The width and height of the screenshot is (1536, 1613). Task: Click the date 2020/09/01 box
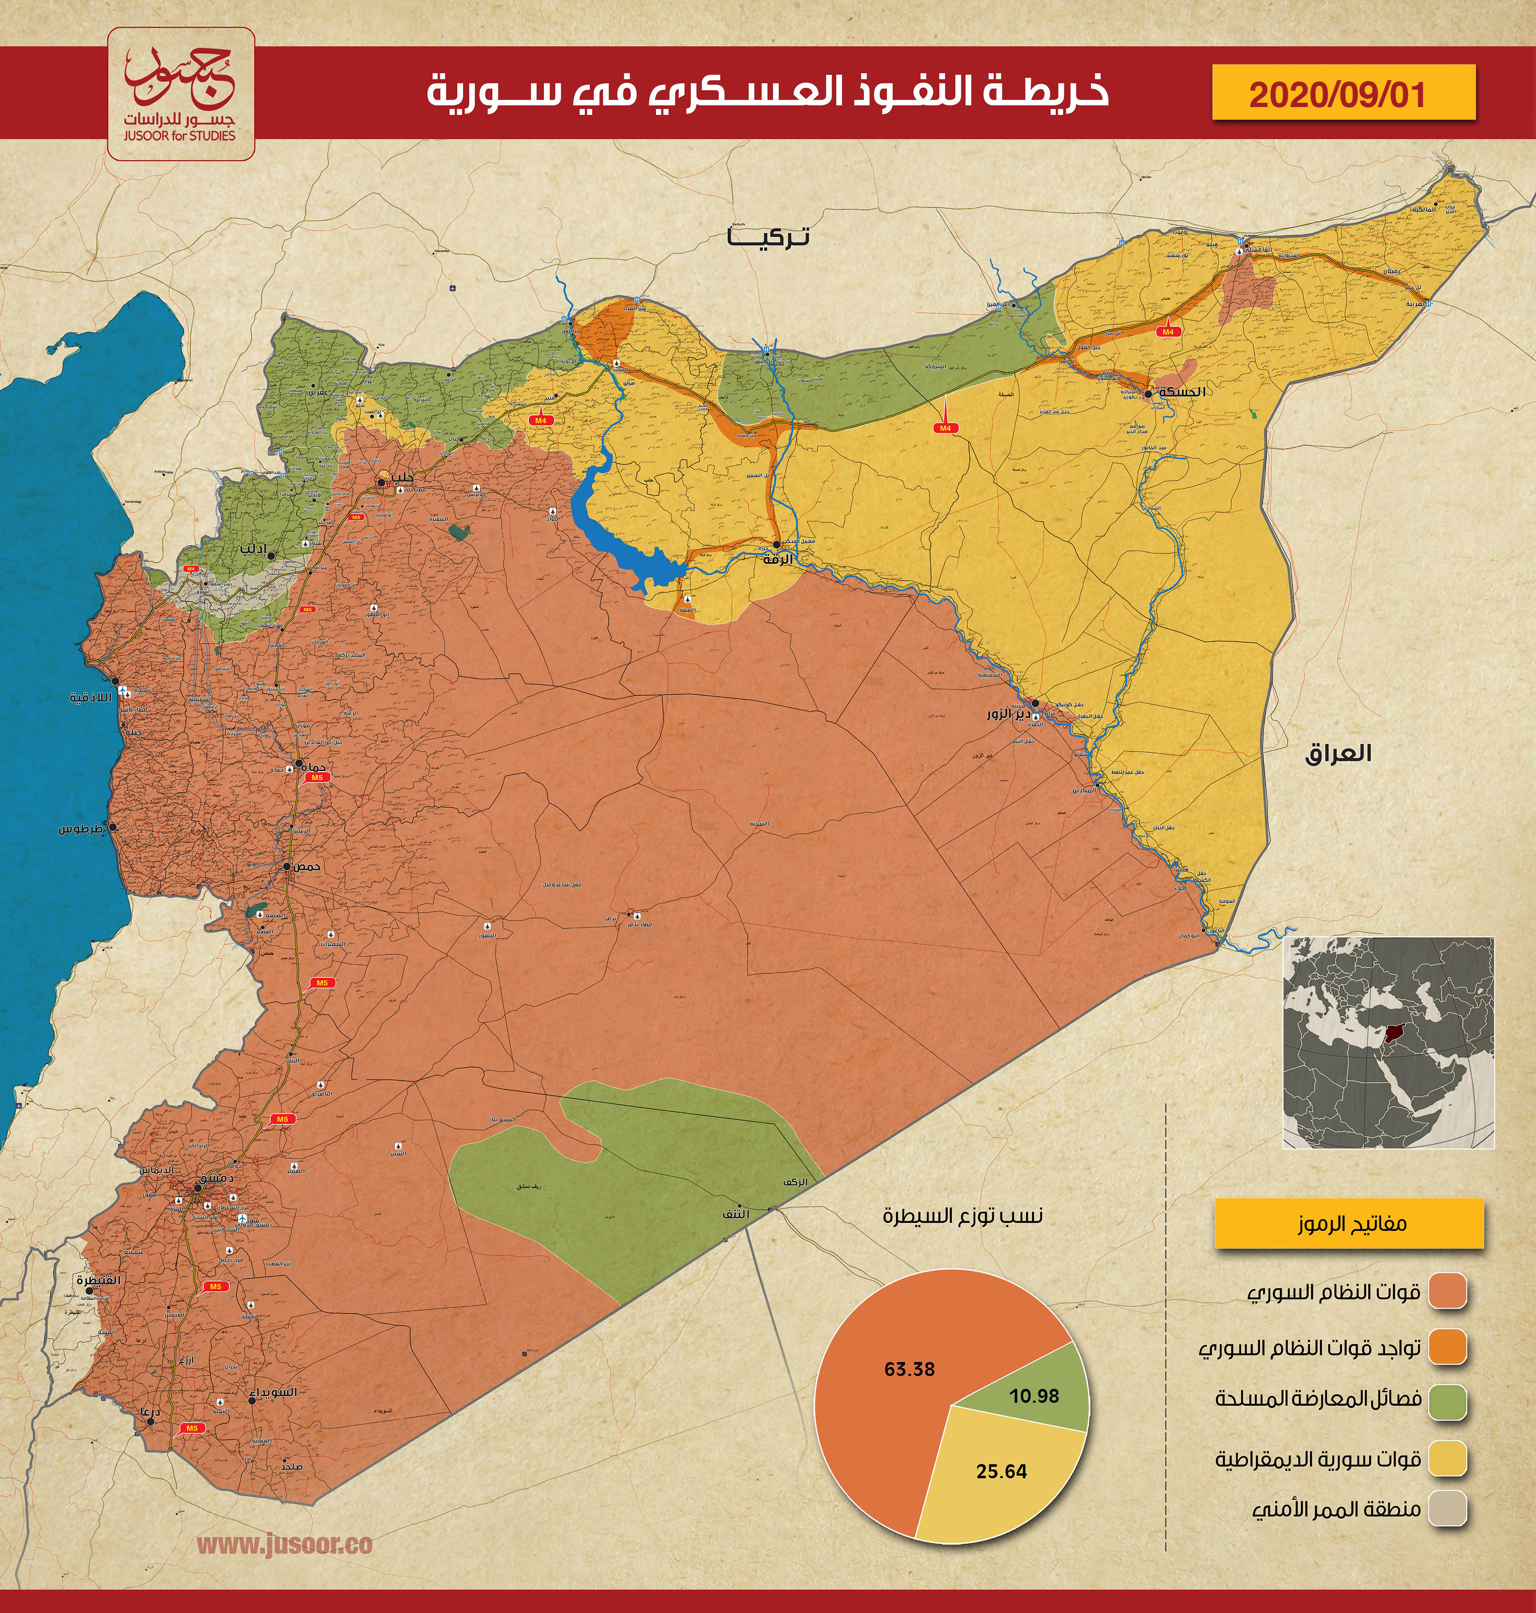(1343, 93)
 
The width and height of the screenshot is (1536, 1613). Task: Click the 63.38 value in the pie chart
(909, 1369)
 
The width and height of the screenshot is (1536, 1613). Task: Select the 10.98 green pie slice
(1033, 1395)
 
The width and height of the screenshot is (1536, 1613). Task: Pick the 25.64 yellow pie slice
(1001, 1471)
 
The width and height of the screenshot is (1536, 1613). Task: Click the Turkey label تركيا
(767, 238)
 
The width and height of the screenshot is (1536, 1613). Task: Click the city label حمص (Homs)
(307, 866)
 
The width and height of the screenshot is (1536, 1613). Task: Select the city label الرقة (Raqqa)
(778, 559)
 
